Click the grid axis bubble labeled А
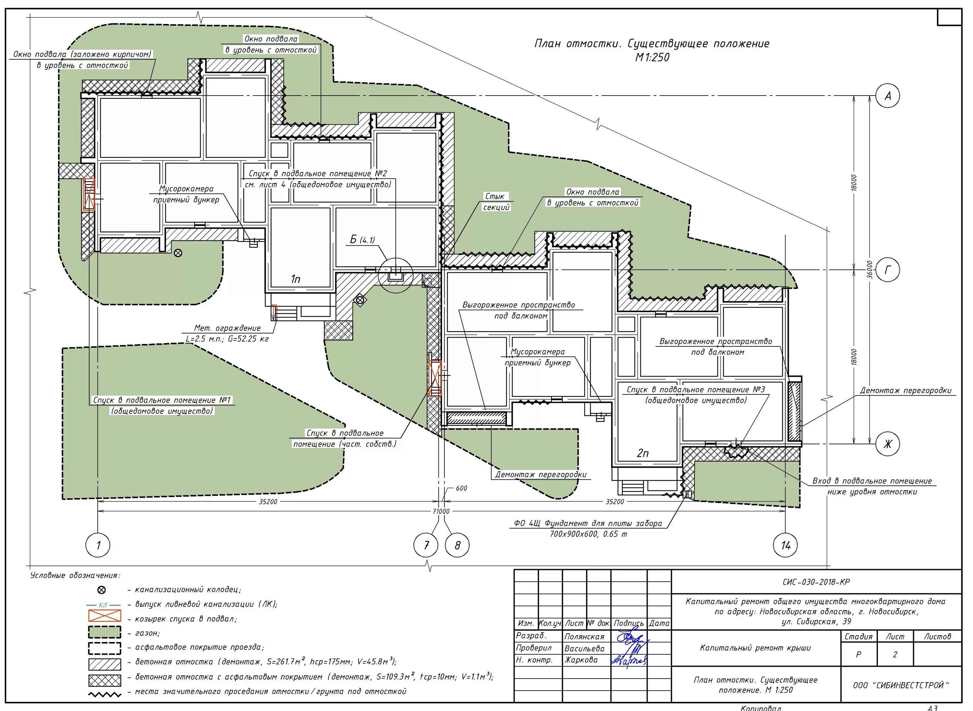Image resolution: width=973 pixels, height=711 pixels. (x=888, y=96)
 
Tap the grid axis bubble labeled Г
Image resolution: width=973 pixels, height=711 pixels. (x=888, y=270)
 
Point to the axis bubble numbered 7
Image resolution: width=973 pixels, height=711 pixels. (x=426, y=545)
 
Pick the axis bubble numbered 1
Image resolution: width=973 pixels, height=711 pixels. (x=98, y=545)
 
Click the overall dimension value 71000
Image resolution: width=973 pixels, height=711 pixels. (x=441, y=512)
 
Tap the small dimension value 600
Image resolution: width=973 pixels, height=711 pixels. (x=461, y=488)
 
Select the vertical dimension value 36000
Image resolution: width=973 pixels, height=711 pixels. (x=870, y=269)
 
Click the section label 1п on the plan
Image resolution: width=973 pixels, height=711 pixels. (x=295, y=279)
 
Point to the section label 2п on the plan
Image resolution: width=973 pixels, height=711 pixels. (x=643, y=453)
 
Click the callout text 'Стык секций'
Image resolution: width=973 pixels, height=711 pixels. (x=496, y=202)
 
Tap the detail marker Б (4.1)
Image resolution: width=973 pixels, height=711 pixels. (x=362, y=240)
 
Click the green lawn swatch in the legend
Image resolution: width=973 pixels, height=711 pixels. (x=105, y=632)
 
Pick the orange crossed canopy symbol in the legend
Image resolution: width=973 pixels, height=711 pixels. (x=105, y=616)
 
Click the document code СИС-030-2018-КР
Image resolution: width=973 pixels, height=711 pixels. (x=816, y=582)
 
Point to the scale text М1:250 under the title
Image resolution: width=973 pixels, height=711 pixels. (x=652, y=58)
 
